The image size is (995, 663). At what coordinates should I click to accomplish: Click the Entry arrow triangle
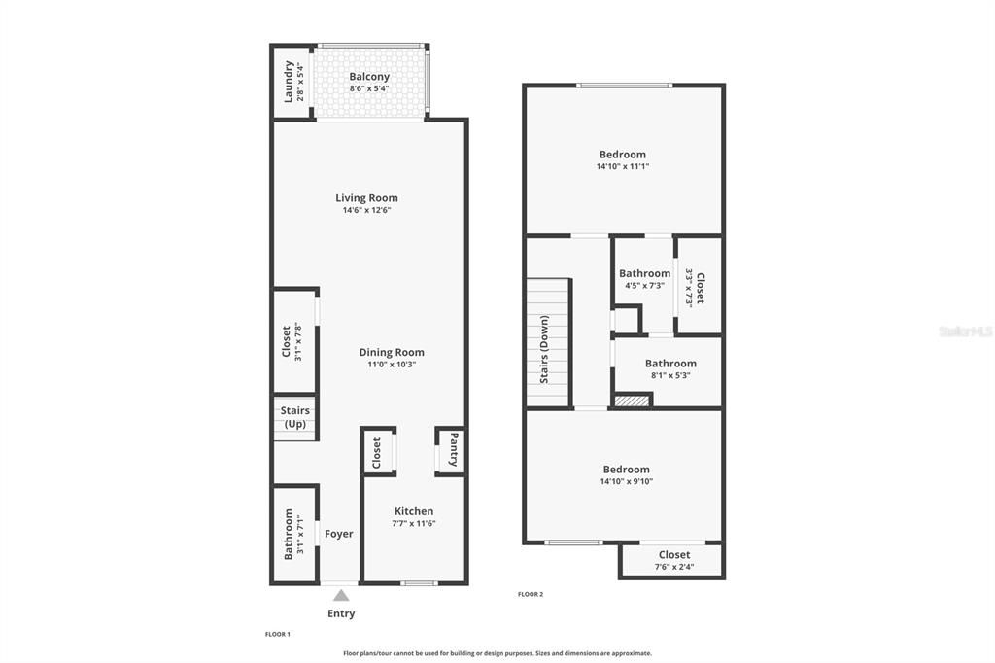click(x=341, y=595)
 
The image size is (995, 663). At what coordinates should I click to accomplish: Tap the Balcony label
click(x=369, y=77)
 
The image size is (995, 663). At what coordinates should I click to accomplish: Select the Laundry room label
click(x=289, y=82)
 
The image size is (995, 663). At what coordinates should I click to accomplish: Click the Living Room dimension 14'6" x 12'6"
click(x=367, y=210)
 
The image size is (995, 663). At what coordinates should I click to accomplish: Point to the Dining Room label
click(x=392, y=353)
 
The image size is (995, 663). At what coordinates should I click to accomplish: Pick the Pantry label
click(x=453, y=450)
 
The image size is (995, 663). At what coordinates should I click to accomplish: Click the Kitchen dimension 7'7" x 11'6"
click(x=414, y=524)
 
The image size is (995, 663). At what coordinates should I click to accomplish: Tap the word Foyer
click(x=339, y=534)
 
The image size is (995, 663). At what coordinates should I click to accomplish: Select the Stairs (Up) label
click(x=295, y=418)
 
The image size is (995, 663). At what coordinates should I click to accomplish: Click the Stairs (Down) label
click(x=544, y=349)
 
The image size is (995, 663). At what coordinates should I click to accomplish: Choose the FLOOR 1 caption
click(x=278, y=634)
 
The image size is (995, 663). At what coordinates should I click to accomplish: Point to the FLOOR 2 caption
click(x=531, y=594)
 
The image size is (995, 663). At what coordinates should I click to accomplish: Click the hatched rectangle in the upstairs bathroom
click(x=632, y=400)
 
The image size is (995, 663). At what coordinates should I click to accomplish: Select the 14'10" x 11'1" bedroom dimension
click(x=623, y=166)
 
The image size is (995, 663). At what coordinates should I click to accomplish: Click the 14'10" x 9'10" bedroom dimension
click(x=625, y=481)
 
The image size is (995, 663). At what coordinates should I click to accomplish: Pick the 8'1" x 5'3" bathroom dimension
click(x=670, y=375)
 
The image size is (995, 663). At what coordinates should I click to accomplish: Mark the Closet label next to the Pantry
click(x=377, y=451)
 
